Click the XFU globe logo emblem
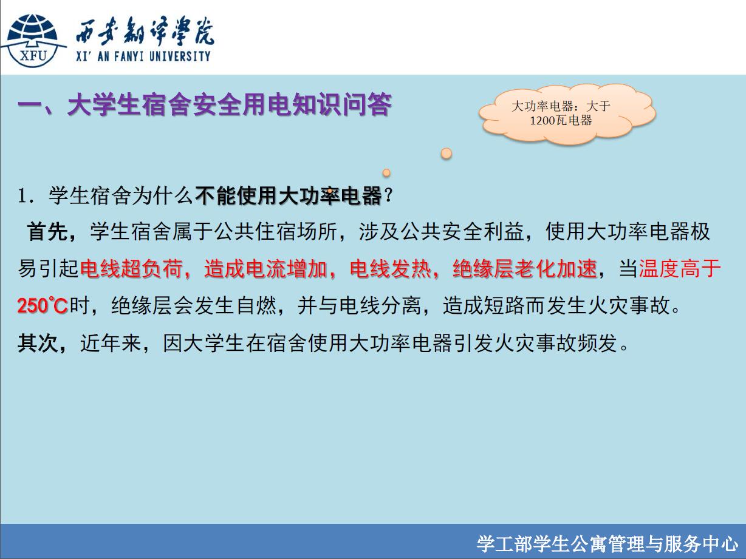33,41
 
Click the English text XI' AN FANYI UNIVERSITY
143,56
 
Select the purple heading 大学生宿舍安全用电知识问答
230,104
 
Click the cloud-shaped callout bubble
567,113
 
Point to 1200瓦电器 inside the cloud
561,120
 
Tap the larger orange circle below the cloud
447,154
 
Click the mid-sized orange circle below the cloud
386,173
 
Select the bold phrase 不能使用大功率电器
289,196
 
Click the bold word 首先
47,232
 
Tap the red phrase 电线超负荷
131,269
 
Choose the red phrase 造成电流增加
265,269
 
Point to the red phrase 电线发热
391,269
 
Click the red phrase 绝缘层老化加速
525,269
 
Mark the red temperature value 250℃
43,305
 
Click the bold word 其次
38,343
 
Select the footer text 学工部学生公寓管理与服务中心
607,544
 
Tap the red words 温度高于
680,269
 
